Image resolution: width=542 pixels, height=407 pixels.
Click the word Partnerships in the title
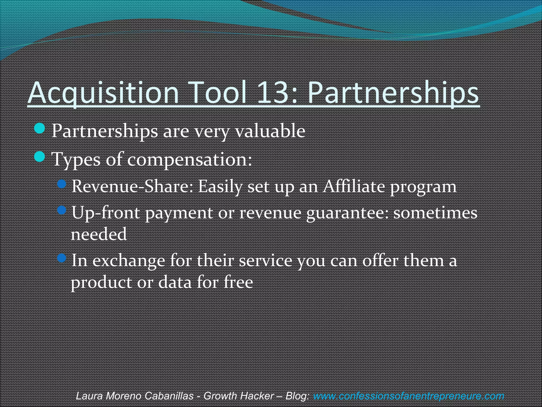pyautogui.click(x=393, y=93)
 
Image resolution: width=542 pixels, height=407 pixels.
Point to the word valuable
pyautogui.click(x=270, y=131)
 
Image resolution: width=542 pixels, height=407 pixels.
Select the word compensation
pyautogui.click(x=189, y=160)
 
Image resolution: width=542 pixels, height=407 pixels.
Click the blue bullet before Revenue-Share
pyautogui.click(x=62, y=184)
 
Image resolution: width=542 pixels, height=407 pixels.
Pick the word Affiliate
pyautogui.click(x=354, y=186)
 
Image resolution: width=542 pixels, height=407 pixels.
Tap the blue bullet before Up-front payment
pyautogui.click(x=62, y=210)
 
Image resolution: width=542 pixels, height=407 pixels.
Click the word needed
pyautogui.click(x=99, y=234)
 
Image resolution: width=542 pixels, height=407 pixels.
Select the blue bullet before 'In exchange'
pyautogui.click(x=62, y=258)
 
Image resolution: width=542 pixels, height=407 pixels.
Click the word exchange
pyautogui.click(x=129, y=261)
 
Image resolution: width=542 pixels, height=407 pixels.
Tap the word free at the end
pyautogui.click(x=238, y=282)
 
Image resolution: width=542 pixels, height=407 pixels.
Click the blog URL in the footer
pyautogui.click(x=409, y=396)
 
